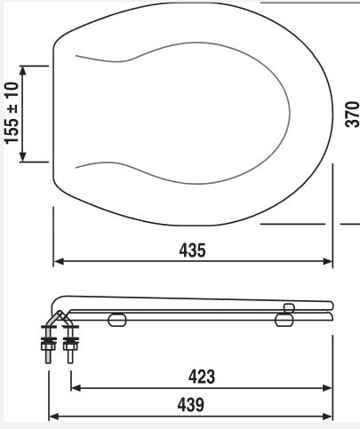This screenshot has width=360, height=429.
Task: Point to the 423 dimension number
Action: click(202, 377)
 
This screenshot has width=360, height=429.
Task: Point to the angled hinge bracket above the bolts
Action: click(55, 318)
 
